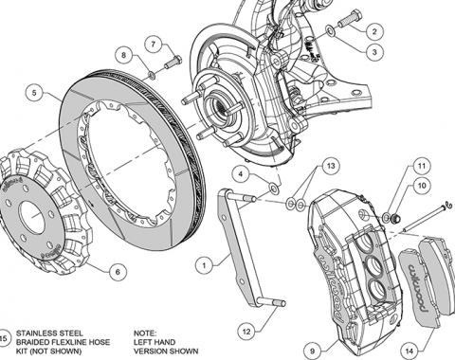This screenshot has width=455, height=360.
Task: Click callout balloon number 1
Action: point(205,265)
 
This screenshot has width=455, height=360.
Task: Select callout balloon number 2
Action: point(374,31)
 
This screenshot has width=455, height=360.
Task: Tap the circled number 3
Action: point(374,51)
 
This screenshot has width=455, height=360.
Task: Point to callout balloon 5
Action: point(34,93)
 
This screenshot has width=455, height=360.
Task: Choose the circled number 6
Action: point(118,272)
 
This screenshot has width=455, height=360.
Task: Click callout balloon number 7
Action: point(154,44)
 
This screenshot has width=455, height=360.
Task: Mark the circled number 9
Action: point(313,351)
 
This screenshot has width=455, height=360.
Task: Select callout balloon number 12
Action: point(246,332)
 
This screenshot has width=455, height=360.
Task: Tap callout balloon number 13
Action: point(331,166)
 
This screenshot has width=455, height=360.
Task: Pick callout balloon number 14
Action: point(409,351)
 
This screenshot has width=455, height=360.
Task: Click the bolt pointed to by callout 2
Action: point(350,19)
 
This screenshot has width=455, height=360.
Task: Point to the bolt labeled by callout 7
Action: point(173,63)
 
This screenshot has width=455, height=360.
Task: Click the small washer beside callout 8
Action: point(152,75)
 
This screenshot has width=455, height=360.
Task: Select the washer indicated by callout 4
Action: point(274,188)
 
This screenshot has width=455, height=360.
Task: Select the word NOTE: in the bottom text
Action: point(145,333)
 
